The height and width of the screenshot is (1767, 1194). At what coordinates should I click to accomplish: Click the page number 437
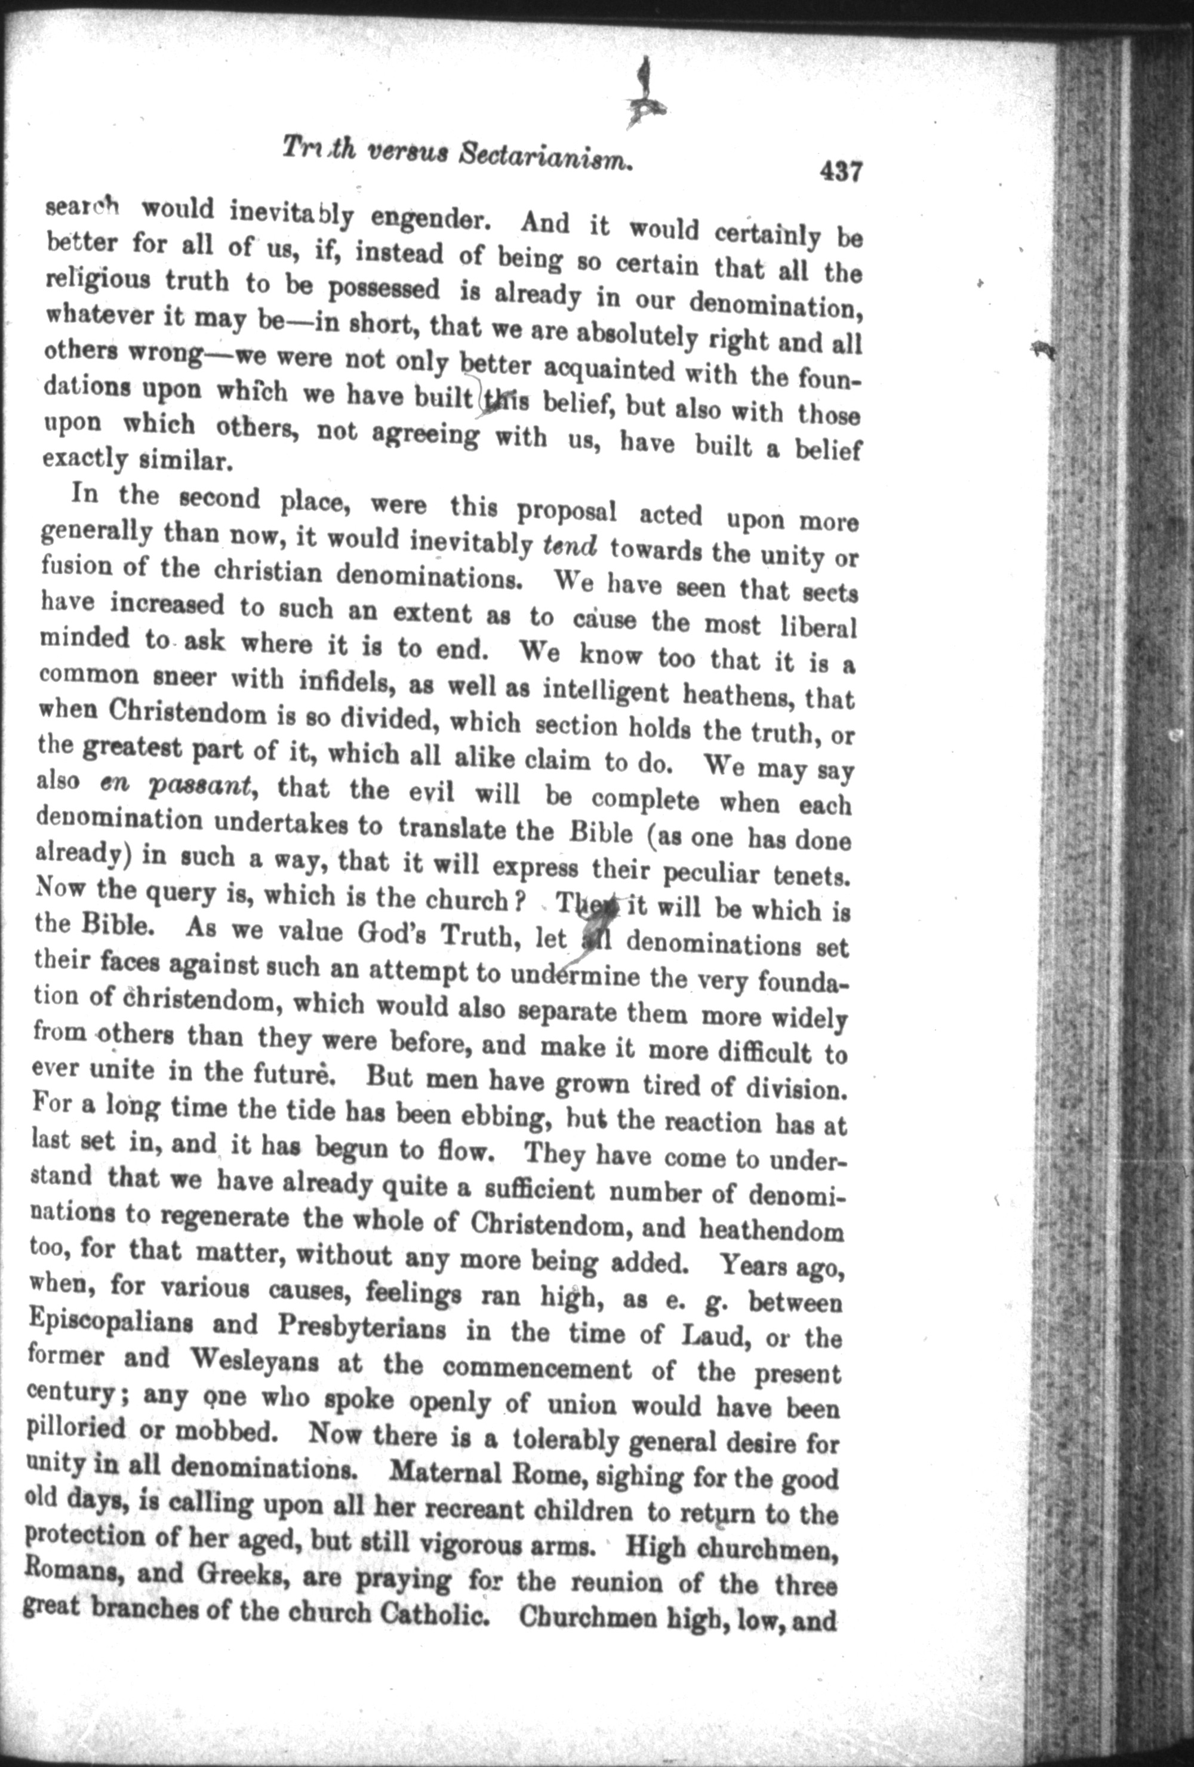click(841, 171)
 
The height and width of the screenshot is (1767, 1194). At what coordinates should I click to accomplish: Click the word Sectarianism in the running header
click(547, 156)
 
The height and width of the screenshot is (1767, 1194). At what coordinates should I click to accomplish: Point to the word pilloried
click(75, 1428)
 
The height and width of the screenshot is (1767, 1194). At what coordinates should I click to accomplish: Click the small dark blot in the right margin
click(1045, 350)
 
